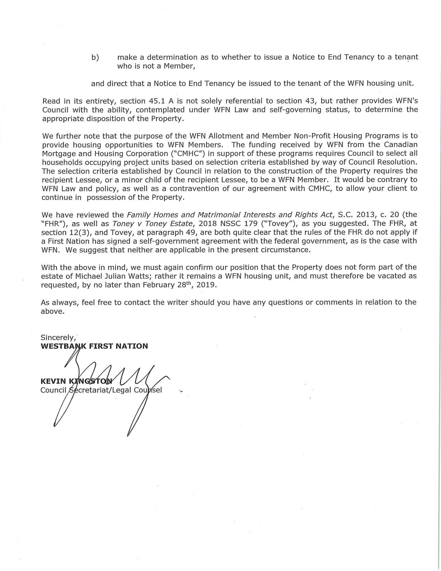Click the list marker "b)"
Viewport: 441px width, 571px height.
pos(95,57)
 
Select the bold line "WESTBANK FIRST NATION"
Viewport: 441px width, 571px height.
pos(94,346)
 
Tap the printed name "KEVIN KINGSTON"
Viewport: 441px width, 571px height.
pos(76,381)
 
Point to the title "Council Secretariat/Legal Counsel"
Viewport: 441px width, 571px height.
pos(101,390)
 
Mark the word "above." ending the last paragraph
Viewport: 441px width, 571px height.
pos(52,311)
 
